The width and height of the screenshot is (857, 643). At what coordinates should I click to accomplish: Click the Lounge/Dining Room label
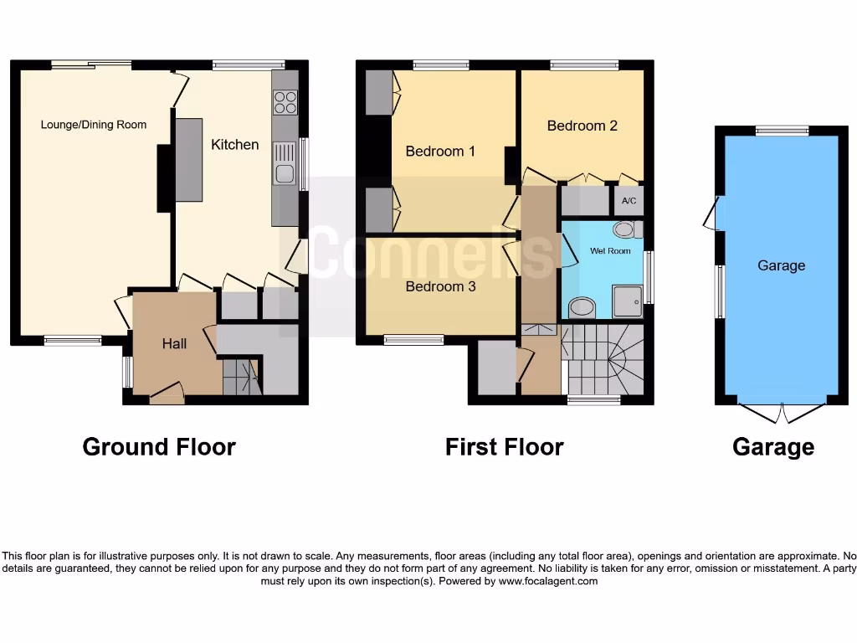tap(94, 125)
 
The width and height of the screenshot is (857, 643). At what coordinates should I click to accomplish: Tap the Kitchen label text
tap(234, 145)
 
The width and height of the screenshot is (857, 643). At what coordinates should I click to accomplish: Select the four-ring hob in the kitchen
tap(285, 102)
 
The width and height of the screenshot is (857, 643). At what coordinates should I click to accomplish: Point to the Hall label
tap(174, 344)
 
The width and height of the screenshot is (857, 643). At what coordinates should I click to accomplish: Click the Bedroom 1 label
tap(440, 152)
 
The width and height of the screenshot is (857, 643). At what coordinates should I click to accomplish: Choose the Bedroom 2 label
tap(582, 126)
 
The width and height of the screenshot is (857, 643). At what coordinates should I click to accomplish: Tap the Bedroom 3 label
tap(440, 286)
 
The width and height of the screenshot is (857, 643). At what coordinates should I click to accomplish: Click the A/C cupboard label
tap(629, 202)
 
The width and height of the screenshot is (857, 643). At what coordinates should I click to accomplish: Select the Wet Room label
tap(610, 251)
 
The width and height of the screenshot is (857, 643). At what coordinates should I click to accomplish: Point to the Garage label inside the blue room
tap(781, 265)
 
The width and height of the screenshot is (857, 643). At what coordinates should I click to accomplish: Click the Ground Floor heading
tap(159, 447)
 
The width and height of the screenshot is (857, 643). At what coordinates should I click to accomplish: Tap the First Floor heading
tap(504, 447)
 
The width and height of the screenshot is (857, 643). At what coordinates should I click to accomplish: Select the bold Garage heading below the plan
tap(772, 447)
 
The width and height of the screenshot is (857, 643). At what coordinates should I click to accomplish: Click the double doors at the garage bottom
tap(782, 412)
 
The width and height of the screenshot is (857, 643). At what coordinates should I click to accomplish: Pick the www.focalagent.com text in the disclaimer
tap(548, 581)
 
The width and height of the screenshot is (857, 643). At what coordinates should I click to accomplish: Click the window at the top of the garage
tap(782, 131)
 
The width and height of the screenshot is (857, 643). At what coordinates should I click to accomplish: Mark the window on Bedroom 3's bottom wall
tap(414, 340)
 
